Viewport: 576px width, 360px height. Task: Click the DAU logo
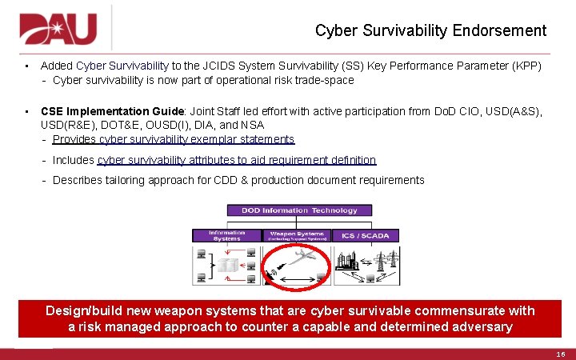pyautogui.click(x=58, y=29)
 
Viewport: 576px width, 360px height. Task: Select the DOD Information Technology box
pyautogui.click(x=292, y=210)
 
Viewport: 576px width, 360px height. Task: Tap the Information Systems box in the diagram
pyautogui.click(x=226, y=235)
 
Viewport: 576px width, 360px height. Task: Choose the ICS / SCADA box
pyautogui.click(x=365, y=235)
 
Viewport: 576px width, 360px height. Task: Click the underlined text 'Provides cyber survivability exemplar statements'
pyautogui.click(x=174, y=139)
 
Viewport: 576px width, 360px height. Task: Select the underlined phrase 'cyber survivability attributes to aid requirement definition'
pyautogui.click(x=237, y=160)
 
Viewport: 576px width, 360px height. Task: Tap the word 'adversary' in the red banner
pyautogui.click(x=483, y=326)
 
